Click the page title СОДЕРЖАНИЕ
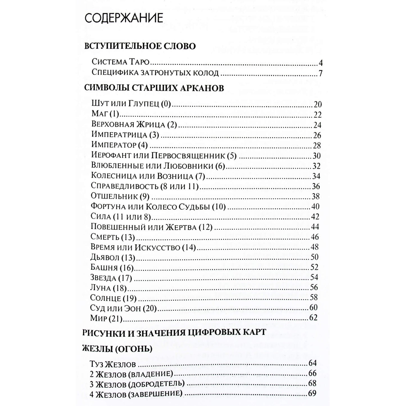tap(124, 18)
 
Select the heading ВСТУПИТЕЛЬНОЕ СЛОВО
tap(140, 46)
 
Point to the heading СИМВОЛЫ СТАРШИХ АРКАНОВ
tap(154, 88)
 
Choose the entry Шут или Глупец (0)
tap(131, 104)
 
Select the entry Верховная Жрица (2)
tap(134, 124)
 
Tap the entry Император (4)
tap(119, 145)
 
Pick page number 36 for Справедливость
tap(316, 186)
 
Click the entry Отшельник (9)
tap(120, 196)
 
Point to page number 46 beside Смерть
tap(315, 237)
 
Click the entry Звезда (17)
tap(111, 278)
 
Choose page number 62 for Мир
tap(313, 318)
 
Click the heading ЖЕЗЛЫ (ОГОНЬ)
tap(117, 349)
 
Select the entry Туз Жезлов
tap(113, 365)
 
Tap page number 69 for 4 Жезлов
tap(312, 393)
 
